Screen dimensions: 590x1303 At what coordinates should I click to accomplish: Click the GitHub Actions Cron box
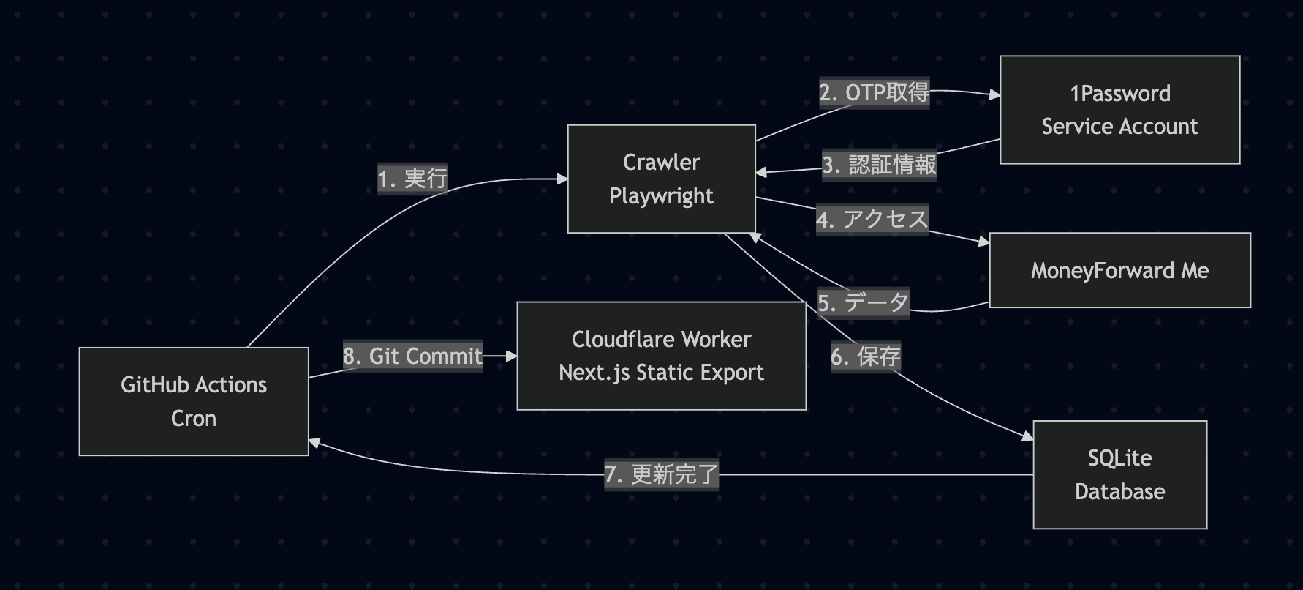click(194, 401)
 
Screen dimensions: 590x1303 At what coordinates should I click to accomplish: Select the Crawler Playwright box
click(661, 179)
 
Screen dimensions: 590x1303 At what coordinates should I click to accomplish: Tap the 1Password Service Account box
click(1119, 110)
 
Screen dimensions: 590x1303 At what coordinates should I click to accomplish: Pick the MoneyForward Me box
click(1119, 270)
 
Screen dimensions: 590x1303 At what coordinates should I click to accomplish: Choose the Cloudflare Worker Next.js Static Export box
click(661, 356)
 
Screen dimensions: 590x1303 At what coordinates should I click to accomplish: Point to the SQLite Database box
click(1119, 474)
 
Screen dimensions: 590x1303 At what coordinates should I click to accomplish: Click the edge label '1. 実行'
click(412, 178)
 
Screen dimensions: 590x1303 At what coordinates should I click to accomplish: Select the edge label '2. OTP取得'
click(874, 93)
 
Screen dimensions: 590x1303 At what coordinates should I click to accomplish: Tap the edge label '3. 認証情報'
click(879, 165)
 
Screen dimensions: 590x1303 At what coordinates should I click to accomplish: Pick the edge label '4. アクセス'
click(872, 219)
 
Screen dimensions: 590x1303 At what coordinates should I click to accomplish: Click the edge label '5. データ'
click(863, 302)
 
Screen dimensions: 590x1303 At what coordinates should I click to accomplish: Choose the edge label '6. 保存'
click(865, 356)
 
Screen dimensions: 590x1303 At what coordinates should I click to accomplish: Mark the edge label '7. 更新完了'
click(661, 474)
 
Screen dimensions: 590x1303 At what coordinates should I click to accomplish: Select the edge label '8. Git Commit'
click(412, 356)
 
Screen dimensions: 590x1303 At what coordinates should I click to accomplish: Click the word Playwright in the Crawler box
click(661, 196)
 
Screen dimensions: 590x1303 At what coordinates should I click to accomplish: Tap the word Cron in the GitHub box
click(194, 418)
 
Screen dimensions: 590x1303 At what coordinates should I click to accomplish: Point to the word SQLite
click(1119, 458)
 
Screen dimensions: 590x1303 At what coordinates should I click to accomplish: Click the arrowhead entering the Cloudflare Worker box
click(512, 356)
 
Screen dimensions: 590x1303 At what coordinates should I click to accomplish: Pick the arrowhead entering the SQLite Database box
click(1028, 436)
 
